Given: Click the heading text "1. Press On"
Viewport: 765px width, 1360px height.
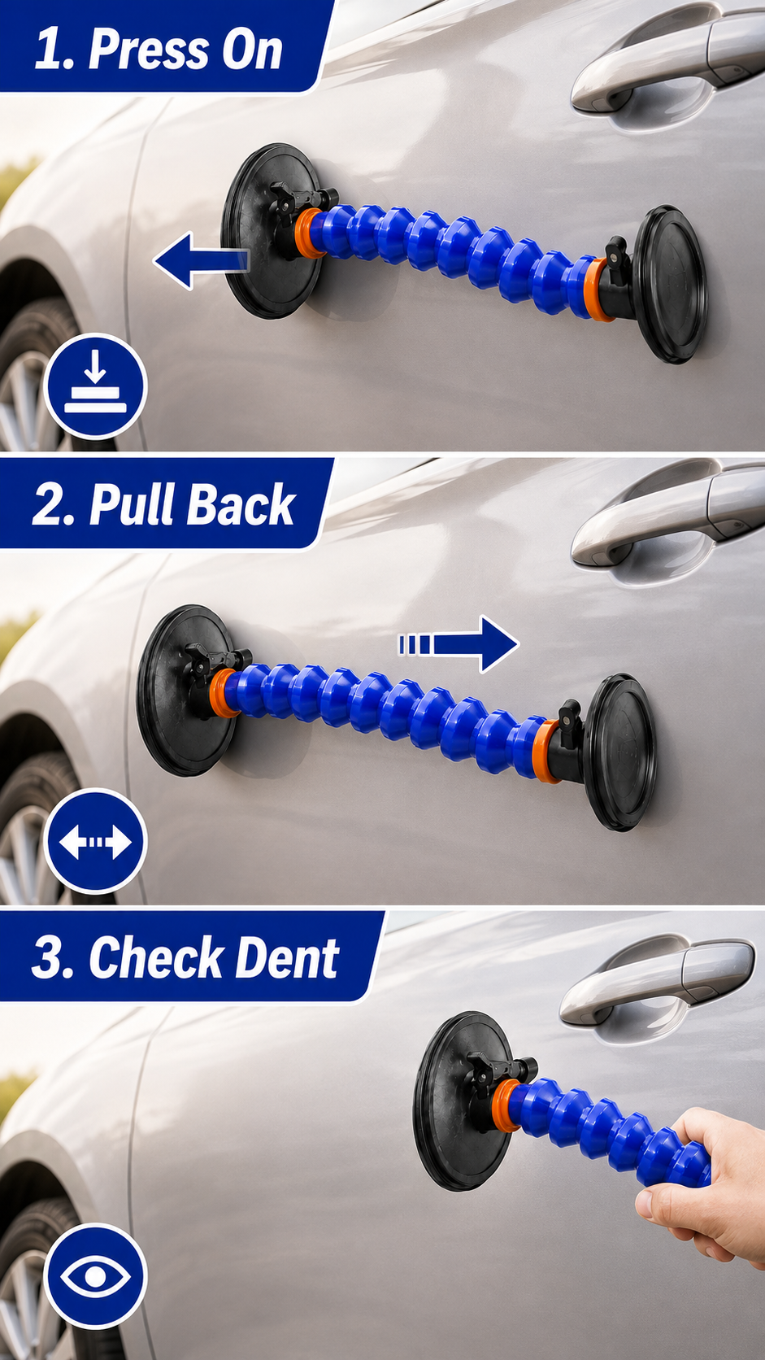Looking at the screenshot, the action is (x=159, y=49).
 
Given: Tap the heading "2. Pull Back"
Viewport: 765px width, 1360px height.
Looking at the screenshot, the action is (x=163, y=504).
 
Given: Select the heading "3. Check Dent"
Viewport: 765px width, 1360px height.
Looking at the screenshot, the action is (x=185, y=957).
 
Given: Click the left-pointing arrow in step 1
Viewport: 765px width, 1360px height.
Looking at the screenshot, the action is (x=201, y=259).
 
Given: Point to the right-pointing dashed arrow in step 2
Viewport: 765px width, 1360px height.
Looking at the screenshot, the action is (x=459, y=643).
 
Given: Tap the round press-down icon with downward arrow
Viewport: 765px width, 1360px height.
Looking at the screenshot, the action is (x=96, y=386).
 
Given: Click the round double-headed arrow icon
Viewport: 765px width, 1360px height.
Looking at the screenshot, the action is (x=96, y=842).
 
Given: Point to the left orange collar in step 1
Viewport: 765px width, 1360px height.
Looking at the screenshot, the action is (x=310, y=233).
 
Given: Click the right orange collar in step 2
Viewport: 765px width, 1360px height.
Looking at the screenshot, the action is (x=545, y=751).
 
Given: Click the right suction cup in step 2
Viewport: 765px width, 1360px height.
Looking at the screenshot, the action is (x=619, y=752).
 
